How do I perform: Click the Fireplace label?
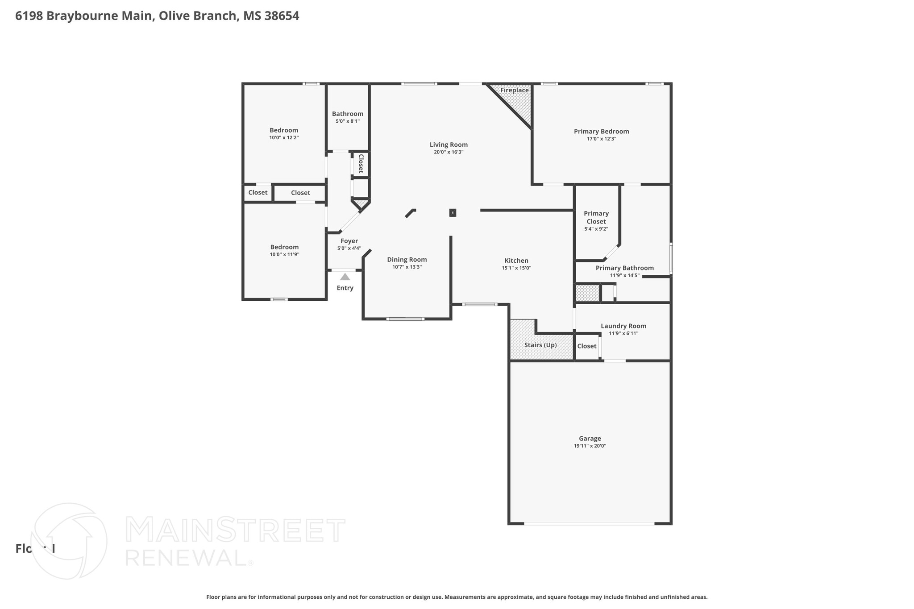pyautogui.click(x=514, y=90)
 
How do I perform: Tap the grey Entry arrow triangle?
pyautogui.click(x=345, y=277)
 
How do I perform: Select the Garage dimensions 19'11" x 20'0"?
pyautogui.click(x=590, y=446)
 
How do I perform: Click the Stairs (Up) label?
pyautogui.click(x=540, y=345)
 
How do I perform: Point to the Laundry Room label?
pyautogui.click(x=623, y=326)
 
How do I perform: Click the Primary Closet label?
pyautogui.click(x=596, y=217)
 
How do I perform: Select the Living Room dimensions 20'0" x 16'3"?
pyautogui.click(x=449, y=152)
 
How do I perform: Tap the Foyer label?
pyautogui.click(x=349, y=241)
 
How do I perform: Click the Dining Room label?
pyautogui.click(x=407, y=260)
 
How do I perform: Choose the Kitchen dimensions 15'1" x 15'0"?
pyautogui.click(x=516, y=268)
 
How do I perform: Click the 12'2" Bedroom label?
pyautogui.click(x=284, y=130)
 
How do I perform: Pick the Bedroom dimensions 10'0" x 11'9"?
pyautogui.click(x=284, y=254)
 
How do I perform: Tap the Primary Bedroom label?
pyautogui.click(x=601, y=131)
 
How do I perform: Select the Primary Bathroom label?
pyautogui.click(x=624, y=268)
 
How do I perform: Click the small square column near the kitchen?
pyautogui.click(x=453, y=213)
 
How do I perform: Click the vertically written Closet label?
pyautogui.click(x=361, y=164)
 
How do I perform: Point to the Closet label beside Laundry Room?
pyautogui.click(x=586, y=346)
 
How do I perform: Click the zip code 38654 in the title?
pyautogui.click(x=282, y=16)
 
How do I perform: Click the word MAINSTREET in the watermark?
pyautogui.click(x=235, y=530)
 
